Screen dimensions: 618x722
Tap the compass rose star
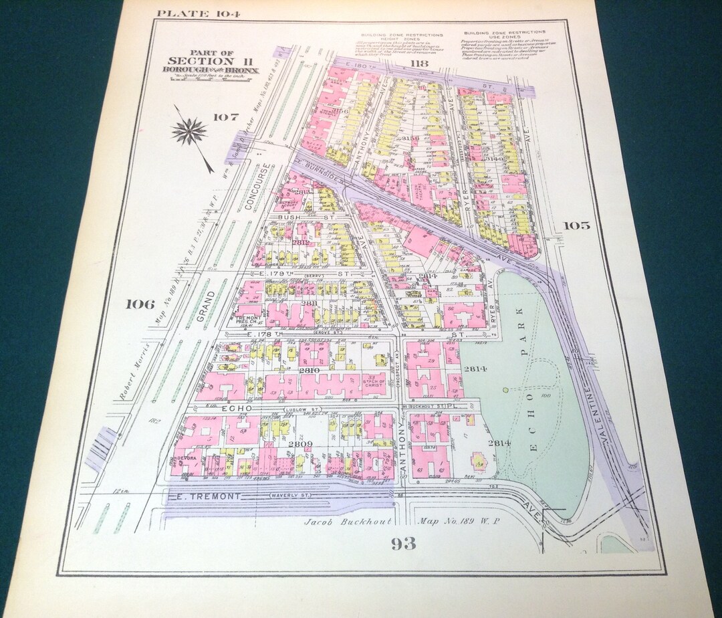coord(189,131)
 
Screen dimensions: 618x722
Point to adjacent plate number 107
coord(226,117)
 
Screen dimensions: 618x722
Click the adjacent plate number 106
coord(140,304)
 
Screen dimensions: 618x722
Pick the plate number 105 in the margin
coord(576,225)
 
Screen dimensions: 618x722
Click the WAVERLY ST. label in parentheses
coord(295,496)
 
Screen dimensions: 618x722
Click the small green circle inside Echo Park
coord(505,389)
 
